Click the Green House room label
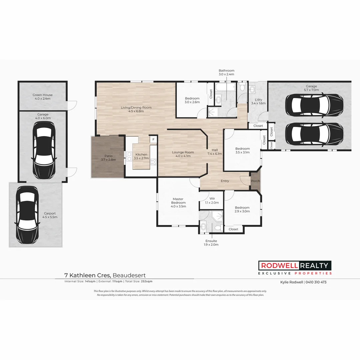(43, 97)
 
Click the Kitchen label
(141, 156)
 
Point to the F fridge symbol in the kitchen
(153, 139)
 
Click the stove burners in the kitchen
(154, 162)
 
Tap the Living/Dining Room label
(136, 109)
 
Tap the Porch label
(255, 181)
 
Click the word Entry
(225, 181)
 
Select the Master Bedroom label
(178, 202)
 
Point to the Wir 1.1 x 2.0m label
(212, 200)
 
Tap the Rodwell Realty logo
(295, 268)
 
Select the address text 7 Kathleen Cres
(88, 275)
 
